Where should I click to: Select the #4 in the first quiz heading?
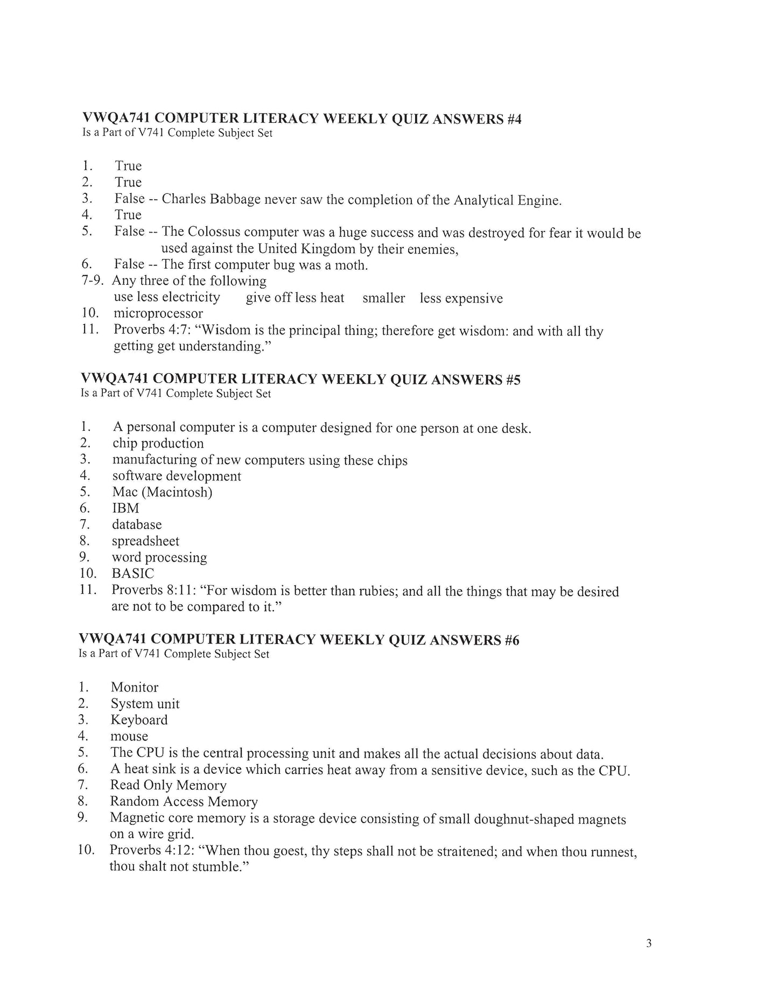pos(514,119)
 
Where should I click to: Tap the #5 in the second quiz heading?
pos(513,380)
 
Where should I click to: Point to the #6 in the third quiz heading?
pos(511,640)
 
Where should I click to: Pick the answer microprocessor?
pos(158,313)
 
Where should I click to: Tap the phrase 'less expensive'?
pos(461,298)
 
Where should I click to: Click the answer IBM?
pos(125,508)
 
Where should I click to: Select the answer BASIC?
pos(132,574)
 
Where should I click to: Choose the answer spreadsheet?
pos(145,541)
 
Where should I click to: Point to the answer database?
pos(137,525)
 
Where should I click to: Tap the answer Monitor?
pos(135,688)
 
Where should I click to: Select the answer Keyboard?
pos(139,720)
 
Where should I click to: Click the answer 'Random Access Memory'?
pos(184,802)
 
